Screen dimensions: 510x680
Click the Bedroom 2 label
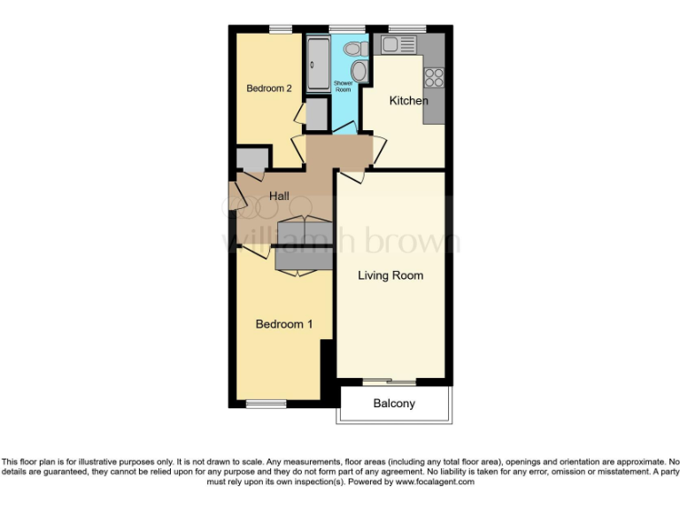tap(269, 89)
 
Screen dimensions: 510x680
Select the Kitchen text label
tap(408, 101)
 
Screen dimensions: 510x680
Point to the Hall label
tap(280, 197)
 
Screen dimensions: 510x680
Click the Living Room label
tap(390, 275)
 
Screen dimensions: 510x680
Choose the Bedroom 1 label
tap(284, 324)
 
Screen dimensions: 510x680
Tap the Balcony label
tap(394, 404)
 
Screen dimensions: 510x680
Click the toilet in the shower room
tap(357, 49)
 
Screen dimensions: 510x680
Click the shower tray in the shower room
tap(318, 63)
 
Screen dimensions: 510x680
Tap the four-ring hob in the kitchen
tap(434, 77)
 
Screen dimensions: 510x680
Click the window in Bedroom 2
tap(282, 29)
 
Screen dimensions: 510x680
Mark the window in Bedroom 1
tap(266, 404)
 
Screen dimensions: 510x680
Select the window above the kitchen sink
tap(406, 29)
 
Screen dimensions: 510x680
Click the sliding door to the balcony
tap(390, 382)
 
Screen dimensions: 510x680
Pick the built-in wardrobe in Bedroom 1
tap(304, 258)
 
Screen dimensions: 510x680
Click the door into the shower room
tap(344, 132)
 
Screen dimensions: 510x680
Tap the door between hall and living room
tap(351, 175)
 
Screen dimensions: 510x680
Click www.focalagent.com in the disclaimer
tap(434, 483)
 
